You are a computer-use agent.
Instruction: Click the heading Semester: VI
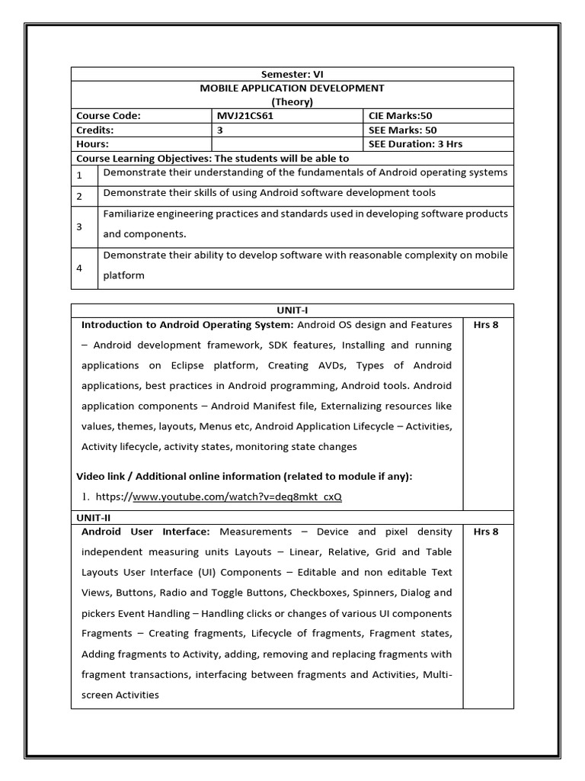292,74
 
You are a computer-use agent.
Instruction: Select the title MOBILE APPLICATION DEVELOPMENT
292,88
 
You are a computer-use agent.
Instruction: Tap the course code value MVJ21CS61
247,116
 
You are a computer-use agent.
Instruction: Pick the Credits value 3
220,130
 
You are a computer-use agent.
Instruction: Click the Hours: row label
92,143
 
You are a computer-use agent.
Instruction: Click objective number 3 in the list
79,227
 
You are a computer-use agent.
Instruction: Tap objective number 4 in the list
79,268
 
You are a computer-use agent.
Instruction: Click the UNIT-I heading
292,310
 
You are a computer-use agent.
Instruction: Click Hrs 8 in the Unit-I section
486,325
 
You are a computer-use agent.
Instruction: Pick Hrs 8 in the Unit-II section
486,531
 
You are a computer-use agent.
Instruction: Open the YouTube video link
237,497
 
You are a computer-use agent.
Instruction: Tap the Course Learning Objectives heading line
213,158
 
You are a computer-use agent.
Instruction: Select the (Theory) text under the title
292,101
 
